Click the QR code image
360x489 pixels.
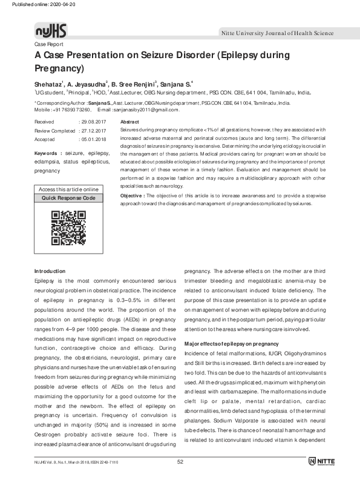(x=68, y=227)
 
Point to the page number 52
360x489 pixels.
(x=180, y=479)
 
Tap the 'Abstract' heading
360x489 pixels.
(x=130, y=122)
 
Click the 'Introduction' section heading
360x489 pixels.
(x=50, y=271)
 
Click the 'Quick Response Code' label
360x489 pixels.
(x=68, y=198)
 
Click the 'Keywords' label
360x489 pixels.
(x=48, y=154)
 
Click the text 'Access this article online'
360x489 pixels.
(x=68, y=189)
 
